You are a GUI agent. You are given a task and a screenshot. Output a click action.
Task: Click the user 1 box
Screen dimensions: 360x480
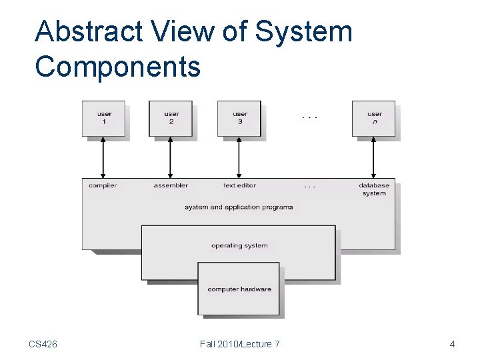pyautogui.click(x=104, y=119)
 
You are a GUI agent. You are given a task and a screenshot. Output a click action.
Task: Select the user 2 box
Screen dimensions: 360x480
pyautogui.click(x=171, y=119)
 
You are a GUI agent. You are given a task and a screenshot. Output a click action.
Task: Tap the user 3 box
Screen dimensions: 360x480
pyautogui.click(x=240, y=119)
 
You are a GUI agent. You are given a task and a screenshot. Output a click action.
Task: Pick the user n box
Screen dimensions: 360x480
pyautogui.click(x=374, y=119)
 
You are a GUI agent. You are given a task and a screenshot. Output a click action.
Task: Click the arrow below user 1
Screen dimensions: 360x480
pyautogui.click(x=103, y=158)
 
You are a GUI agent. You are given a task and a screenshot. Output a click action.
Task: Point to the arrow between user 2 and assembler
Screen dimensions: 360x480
pyautogui.click(x=171, y=158)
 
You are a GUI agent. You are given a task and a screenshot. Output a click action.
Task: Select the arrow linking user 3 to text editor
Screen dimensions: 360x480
pyautogui.click(x=239, y=158)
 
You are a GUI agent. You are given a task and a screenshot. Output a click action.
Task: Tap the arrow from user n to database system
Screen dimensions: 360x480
pyautogui.click(x=373, y=158)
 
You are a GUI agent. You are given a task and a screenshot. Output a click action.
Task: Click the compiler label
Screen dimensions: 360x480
pyautogui.click(x=103, y=185)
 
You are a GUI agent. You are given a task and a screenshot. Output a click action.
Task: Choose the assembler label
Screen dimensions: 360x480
pyautogui.click(x=171, y=185)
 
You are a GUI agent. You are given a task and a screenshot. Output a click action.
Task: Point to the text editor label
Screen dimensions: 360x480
pyautogui.click(x=239, y=185)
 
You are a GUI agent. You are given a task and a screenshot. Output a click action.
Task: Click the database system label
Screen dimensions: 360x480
pyautogui.click(x=374, y=189)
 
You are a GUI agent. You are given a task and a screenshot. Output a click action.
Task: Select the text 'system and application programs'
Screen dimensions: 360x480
pyautogui.click(x=239, y=207)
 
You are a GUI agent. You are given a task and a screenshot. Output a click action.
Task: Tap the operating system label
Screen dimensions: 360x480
pyautogui.click(x=239, y=246)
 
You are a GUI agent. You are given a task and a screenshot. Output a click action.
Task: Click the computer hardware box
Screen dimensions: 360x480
pyautogui.click(x=239, y=289)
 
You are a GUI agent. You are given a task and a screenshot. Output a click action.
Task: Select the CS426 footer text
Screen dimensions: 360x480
pyautogui.click(x=43, y=344)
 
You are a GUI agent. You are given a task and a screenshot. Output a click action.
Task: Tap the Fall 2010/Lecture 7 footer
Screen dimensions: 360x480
pyautogui.click(x=240, y=344)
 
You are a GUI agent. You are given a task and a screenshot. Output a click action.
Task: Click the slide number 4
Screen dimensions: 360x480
pyautogui.click(x=452, y=344)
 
